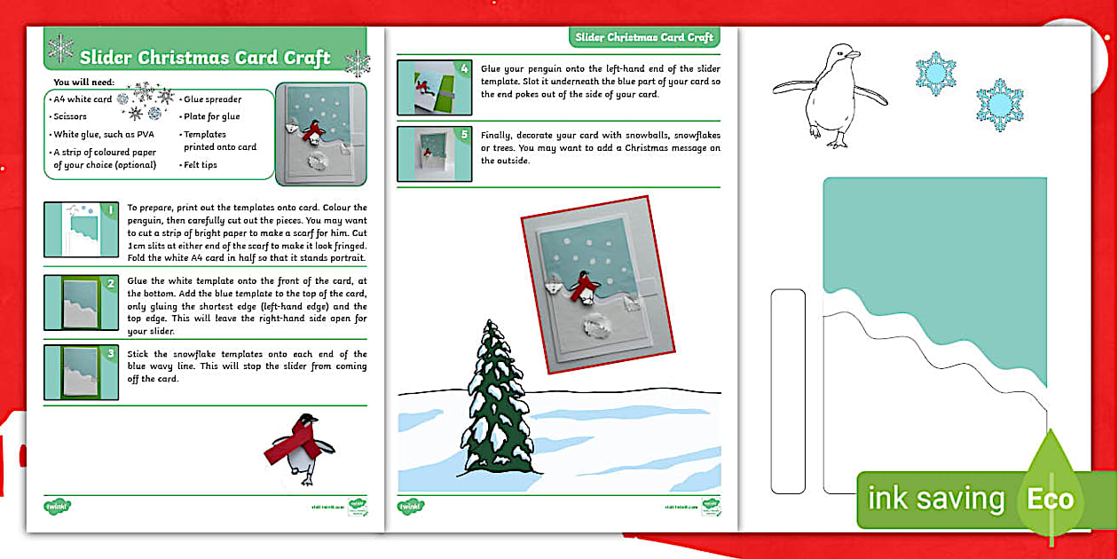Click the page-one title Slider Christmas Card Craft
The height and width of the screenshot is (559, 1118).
pos(205,58)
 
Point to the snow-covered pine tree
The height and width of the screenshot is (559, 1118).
pos(498,399)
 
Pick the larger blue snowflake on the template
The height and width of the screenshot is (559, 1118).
pos(999,105)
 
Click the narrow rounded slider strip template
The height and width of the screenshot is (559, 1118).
pos(787,390)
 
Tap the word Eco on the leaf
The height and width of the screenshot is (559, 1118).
pos(1051,500)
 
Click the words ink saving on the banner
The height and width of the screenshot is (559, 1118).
pos(935,500)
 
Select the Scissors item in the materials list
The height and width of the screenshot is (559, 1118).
pos(70,116)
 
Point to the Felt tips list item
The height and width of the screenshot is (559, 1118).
pos(201,165)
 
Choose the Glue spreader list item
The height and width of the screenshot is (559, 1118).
pos(212,99)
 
